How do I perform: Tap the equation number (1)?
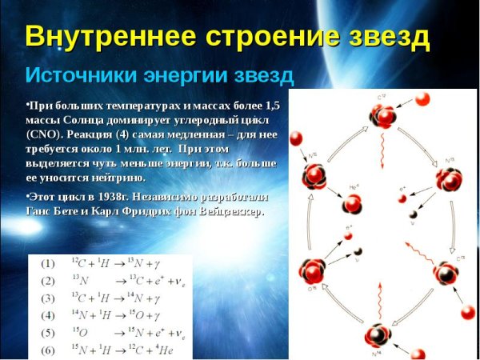pos(48,263)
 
